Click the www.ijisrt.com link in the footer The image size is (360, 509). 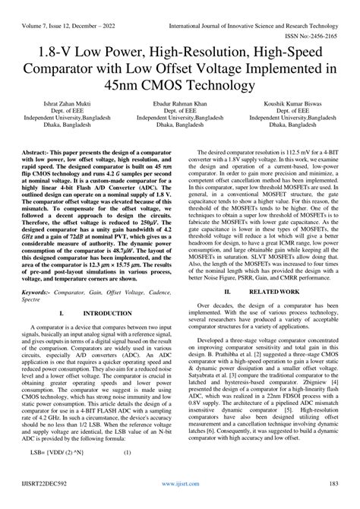tap(180, 501)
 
